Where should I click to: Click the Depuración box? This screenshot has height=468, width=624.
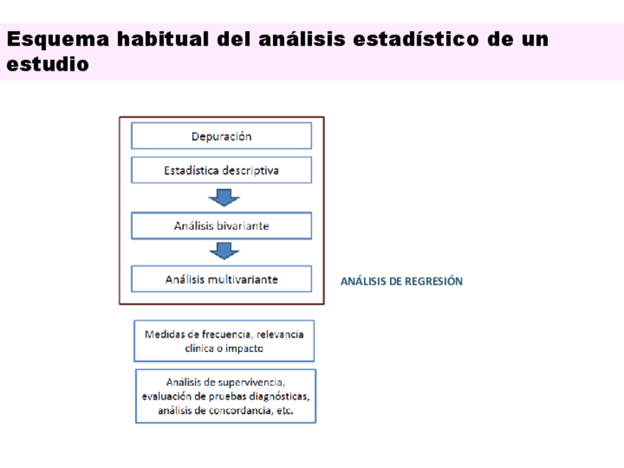tap(221, 136)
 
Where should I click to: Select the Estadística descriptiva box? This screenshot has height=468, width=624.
tap(221, 170)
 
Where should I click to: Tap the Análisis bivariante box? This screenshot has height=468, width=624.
tap(221, 226)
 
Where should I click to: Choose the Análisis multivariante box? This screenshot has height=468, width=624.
tap(221, 280)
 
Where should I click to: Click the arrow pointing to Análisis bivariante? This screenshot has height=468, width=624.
tap(224, 197)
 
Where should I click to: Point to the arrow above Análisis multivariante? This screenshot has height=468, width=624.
tap(224, 252)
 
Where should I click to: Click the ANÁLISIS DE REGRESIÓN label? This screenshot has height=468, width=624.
tap(401, 281)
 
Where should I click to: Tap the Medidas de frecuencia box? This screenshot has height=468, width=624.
tap(224, 341)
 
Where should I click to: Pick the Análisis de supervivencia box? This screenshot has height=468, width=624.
tap(225, 396)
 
